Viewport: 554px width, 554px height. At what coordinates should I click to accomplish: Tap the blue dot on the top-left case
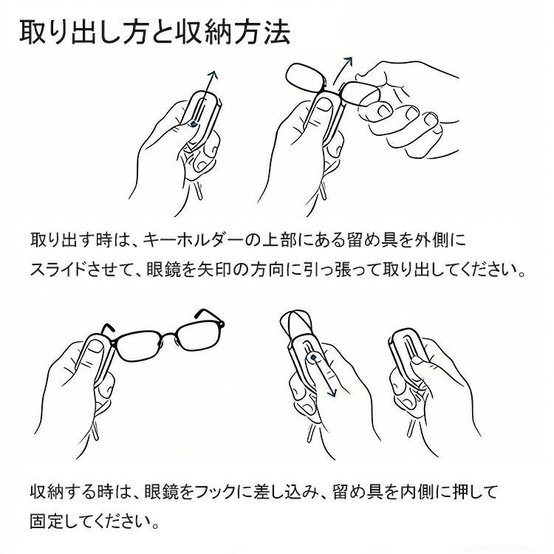pos(193,123)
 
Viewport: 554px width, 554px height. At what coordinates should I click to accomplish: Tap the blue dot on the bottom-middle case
pos(313,358)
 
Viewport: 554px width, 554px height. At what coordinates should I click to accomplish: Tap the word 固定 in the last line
pos(46,521)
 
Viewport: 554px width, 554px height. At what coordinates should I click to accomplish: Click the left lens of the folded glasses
pos(307,77)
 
